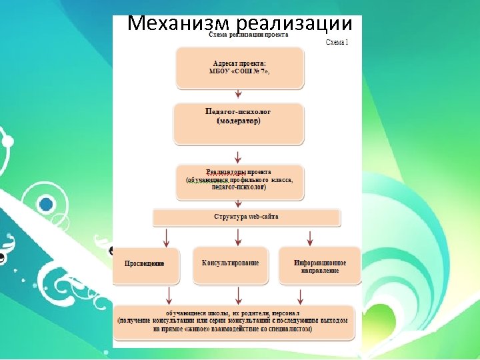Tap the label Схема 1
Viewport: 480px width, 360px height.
click(337, 42)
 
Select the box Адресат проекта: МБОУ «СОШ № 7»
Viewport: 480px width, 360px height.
click(239, 67)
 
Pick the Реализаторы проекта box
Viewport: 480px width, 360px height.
click(239, 181)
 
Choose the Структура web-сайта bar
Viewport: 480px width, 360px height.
click(247, 217)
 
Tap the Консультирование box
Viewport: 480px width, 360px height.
click(231, 263)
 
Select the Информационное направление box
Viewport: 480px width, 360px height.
click(319, 265)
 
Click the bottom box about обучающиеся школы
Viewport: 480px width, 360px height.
click(233, 321)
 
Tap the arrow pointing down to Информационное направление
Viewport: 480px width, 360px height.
click(309, 237)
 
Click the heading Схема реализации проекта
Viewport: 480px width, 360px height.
click(249, 35)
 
